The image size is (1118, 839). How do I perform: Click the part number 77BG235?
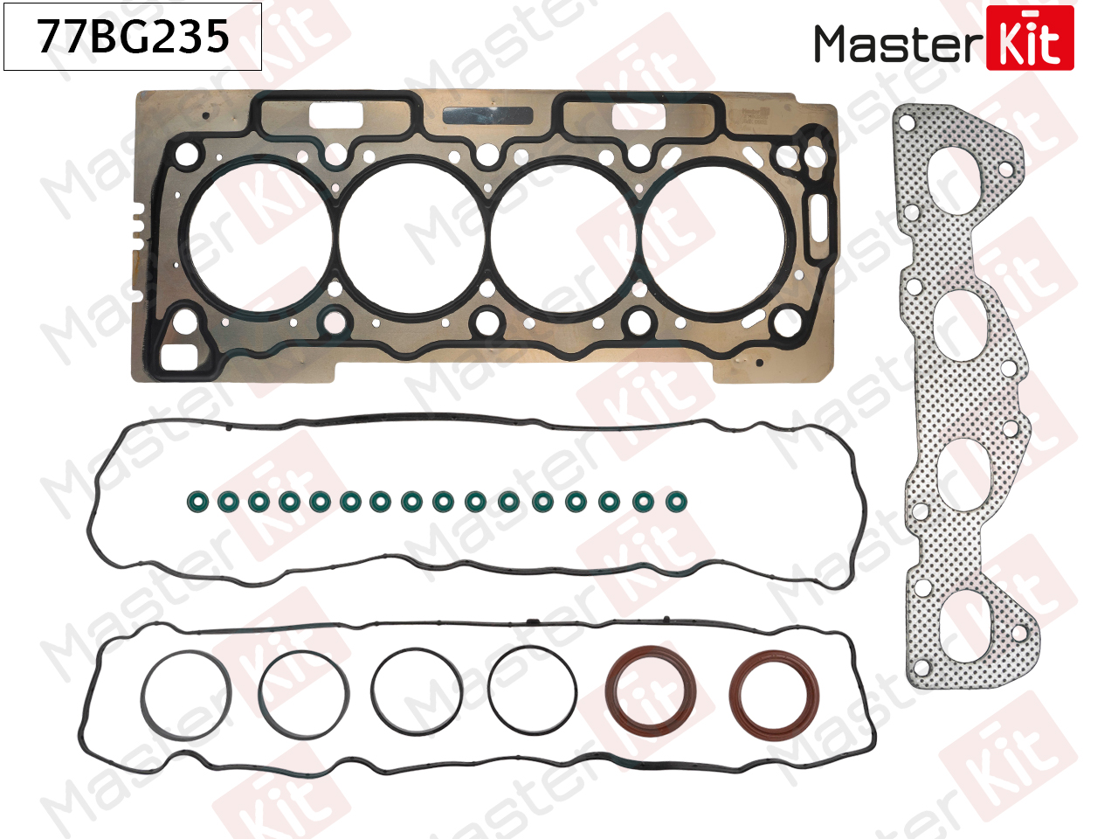pos(133,36)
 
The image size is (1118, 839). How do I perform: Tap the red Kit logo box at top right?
pos(1030,38)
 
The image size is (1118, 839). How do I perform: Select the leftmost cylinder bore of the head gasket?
pos(259,237)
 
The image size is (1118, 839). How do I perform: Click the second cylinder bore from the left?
pos(411,237)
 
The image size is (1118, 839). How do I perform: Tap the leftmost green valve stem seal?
pos(197,502)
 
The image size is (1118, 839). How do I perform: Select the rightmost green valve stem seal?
pos(676,502)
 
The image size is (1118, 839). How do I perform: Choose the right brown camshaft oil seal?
pos(774,695)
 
